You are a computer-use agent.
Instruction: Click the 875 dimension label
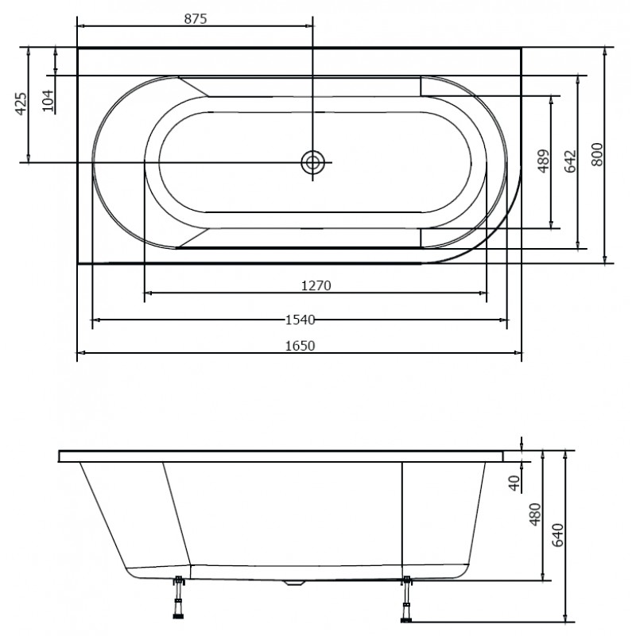[196, 18]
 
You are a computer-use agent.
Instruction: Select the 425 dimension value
[21, 104]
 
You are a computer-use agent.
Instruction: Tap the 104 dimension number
[48, 101]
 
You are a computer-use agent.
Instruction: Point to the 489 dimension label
[543, 161]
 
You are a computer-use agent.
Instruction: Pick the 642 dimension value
[570, 161]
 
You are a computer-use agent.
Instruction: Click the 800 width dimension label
[597, 154]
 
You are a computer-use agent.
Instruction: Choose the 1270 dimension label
[316, 286]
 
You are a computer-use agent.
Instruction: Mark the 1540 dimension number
[301, 320]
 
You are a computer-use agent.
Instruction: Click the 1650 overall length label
[301, 346]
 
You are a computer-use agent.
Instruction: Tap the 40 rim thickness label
[514, 483]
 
